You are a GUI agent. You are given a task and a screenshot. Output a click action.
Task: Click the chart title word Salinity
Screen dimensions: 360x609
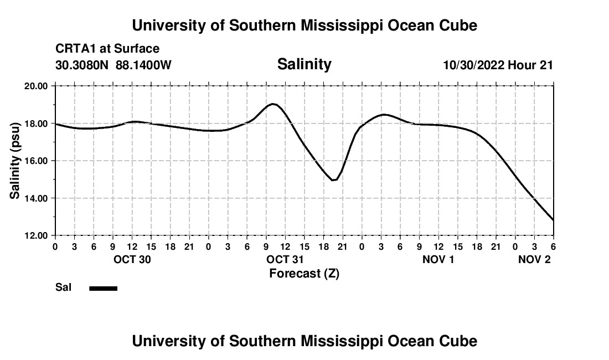[304, 64]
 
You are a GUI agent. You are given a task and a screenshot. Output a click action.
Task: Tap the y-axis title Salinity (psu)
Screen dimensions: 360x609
[15, 160]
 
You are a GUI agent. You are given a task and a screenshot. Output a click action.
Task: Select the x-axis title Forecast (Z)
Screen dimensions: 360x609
[304, 273]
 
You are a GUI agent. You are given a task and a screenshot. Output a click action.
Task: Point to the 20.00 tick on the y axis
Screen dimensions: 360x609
[36, 86]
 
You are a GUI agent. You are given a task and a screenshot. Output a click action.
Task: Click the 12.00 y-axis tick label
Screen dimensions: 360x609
[36, 235]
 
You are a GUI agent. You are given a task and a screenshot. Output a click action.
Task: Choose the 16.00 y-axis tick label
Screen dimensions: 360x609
[36, 161]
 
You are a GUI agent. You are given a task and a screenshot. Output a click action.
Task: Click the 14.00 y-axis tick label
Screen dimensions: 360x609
[36, 198]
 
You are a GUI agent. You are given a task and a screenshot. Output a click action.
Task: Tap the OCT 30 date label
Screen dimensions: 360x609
[132, 260]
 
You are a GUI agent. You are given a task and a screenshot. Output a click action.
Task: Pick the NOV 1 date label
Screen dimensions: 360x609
[438, 260]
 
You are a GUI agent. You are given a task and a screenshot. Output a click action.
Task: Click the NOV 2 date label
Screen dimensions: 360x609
[534, 260]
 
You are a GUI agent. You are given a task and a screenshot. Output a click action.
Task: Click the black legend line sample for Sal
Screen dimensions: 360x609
[103, 288]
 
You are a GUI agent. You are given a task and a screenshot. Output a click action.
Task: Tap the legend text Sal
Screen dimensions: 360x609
[63, 287]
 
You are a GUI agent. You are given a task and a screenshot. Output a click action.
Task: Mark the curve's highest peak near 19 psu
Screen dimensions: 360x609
[272, 104]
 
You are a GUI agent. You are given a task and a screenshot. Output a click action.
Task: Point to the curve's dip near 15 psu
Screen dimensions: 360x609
[333, 180]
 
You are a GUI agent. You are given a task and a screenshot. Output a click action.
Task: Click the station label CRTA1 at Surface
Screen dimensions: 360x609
[107, 49]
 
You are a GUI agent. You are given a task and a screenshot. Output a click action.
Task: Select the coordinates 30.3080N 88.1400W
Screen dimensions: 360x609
[113, 65]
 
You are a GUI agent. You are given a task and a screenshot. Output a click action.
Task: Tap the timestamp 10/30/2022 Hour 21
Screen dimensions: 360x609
[498, 65]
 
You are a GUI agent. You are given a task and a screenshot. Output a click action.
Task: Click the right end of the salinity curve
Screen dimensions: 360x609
[553, 220]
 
